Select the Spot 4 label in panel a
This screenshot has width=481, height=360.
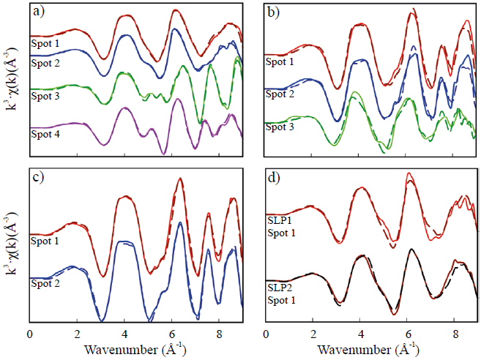coord(45,134)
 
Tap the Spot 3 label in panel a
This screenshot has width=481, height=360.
coord(45,95)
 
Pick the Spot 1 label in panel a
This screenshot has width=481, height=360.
coord(45,45)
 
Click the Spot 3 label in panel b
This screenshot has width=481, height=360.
coord(281,127)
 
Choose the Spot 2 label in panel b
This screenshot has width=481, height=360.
coord(281,94)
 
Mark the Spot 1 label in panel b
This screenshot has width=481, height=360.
coord(281,63)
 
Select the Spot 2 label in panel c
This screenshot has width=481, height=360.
coord(45,282)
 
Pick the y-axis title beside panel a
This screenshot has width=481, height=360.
coord(10,80)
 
